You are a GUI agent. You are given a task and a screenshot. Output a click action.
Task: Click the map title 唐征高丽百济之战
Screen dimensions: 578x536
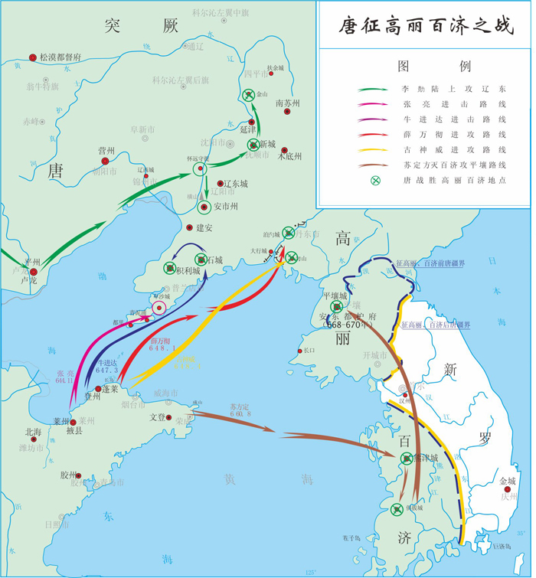(427, 26)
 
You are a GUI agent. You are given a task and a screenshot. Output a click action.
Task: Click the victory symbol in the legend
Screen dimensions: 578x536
(374, 181)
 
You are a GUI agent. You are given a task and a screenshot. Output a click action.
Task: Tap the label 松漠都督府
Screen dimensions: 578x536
(60, 57)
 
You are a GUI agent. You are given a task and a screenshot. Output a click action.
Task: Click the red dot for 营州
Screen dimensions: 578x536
(106, 162)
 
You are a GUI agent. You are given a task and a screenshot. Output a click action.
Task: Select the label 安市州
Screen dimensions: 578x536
(224, 207)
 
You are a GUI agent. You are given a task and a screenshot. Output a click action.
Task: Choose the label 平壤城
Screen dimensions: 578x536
(335, 296)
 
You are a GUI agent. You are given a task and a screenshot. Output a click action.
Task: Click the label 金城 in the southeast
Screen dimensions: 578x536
(507, 481)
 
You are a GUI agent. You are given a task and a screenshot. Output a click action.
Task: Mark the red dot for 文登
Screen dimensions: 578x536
(168, 417)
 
